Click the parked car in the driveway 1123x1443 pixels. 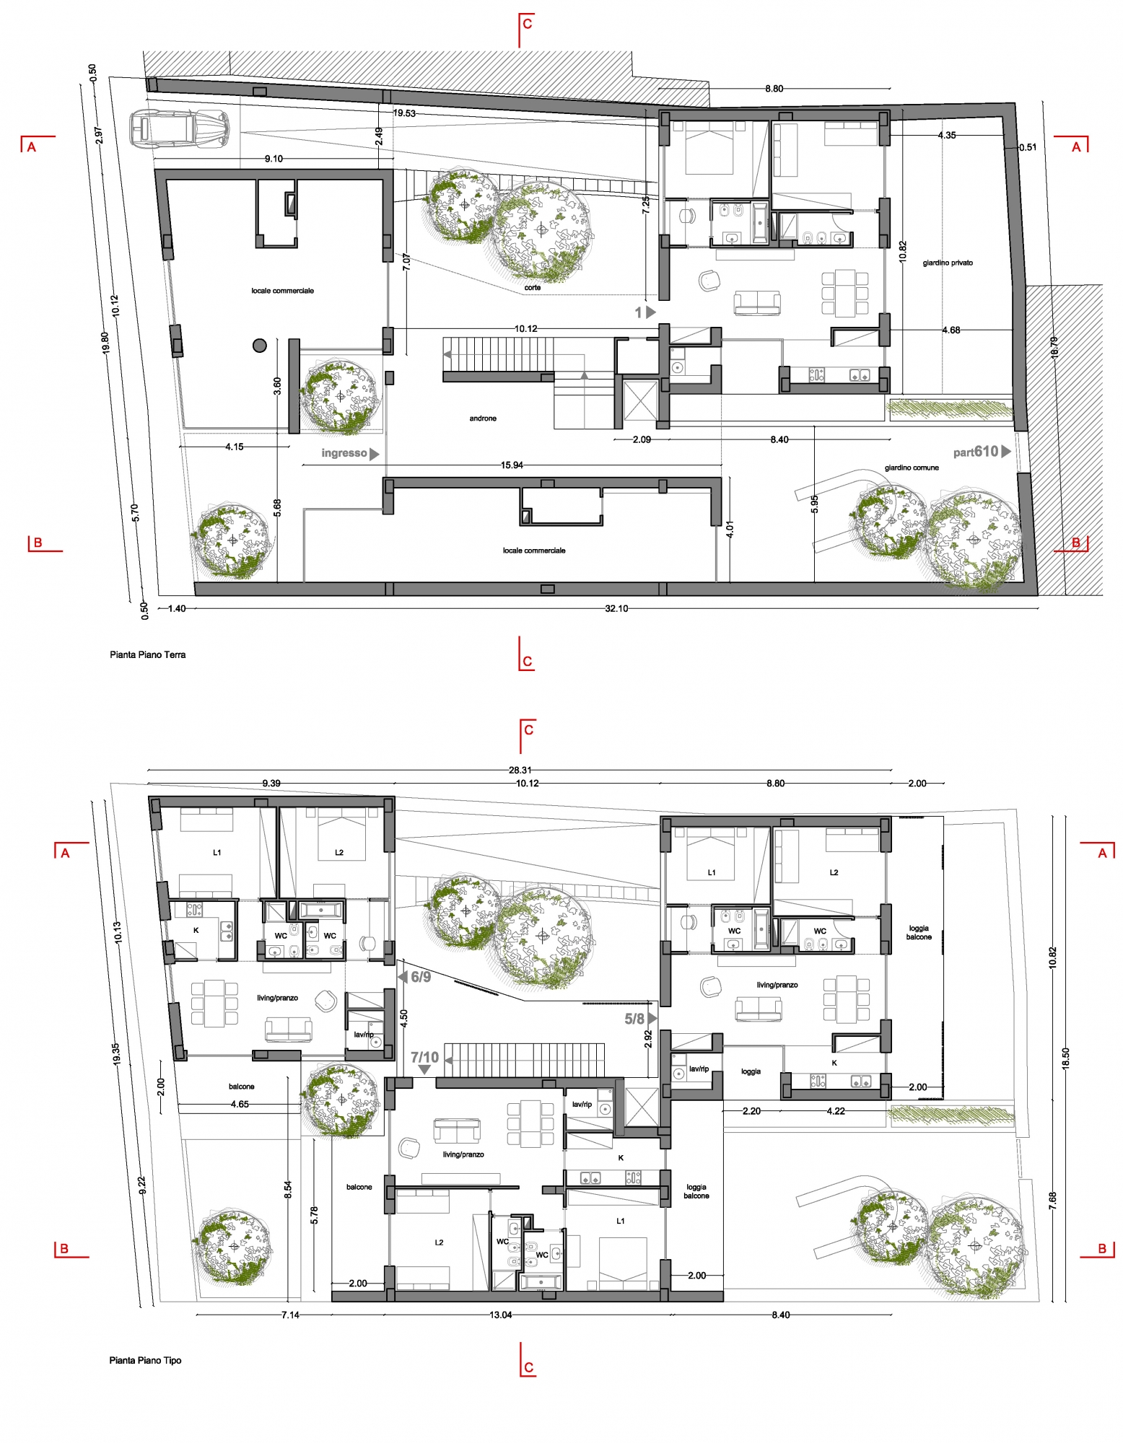click(x=180, y=129)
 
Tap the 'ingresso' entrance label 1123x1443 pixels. click(x=344, y=453)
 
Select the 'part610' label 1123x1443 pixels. click(x=976, y=452)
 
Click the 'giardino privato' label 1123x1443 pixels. click(x=948, y=263)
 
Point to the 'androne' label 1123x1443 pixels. click(x=483, y=418)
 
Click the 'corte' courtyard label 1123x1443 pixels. click(x=533, y=287)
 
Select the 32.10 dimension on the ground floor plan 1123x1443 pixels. click(x=616, y=608)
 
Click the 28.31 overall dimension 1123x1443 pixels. click(x=520, y=770)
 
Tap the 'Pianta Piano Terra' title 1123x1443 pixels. click(x=148, y=655)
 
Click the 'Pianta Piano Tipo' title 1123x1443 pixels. click(x=145, y=1360)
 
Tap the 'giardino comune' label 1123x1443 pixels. click(x=912, y=468)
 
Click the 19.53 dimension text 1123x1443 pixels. click(x=404, y=113)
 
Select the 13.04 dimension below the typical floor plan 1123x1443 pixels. click(x=501, y=1315)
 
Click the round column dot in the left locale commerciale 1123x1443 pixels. click(x=260, y=346)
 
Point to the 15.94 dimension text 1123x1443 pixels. click(x=512, y=465)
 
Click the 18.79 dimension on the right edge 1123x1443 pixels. click(x=1054, y=348)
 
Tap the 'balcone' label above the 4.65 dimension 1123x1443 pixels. click(x=242, y=1087)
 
